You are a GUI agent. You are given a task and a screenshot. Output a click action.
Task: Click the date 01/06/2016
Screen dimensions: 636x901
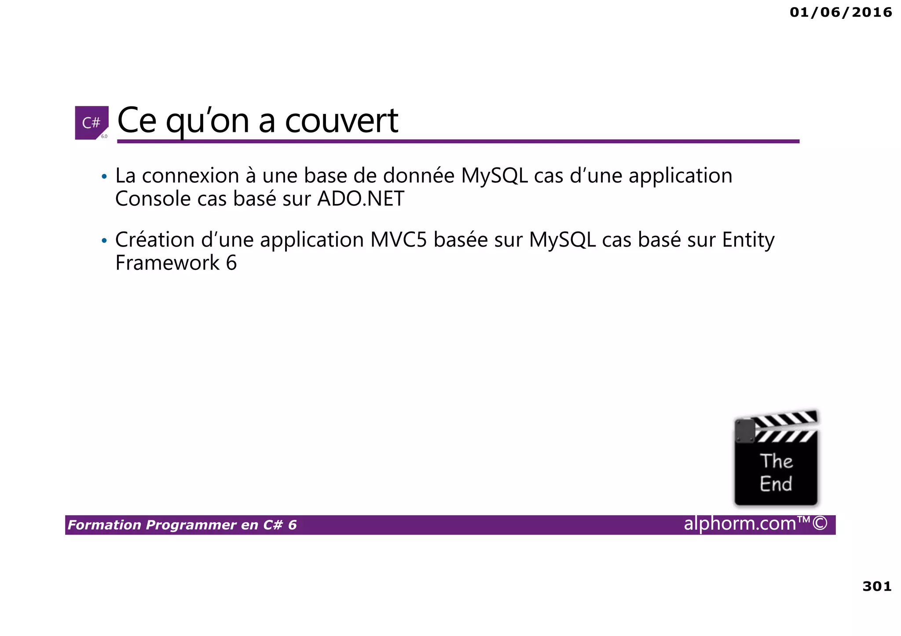841,12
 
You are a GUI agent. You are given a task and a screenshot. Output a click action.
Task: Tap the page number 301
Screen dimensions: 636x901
877,586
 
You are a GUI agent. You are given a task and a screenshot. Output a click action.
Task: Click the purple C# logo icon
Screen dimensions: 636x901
92,123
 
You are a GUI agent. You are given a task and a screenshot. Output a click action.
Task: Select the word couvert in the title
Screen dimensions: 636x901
341,120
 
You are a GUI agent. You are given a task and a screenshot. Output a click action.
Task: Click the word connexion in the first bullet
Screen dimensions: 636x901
190,176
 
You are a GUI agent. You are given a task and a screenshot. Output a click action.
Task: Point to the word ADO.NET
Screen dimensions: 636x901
360,199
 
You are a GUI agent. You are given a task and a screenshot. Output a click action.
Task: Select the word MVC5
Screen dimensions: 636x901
398,240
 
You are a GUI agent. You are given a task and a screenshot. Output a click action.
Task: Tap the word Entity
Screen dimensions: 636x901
748,240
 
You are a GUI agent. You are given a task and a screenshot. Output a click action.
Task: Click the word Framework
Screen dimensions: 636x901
167,263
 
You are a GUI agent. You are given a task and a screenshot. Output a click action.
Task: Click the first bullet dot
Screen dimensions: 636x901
104,177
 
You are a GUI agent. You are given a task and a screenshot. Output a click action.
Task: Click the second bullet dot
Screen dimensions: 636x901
104,241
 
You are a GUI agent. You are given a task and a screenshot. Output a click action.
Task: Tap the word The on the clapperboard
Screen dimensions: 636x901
776,462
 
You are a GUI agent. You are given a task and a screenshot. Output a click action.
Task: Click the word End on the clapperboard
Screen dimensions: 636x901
776,484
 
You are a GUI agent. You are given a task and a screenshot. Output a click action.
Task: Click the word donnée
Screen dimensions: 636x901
418,176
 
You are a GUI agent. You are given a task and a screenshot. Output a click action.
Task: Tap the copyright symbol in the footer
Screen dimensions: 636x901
820,523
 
